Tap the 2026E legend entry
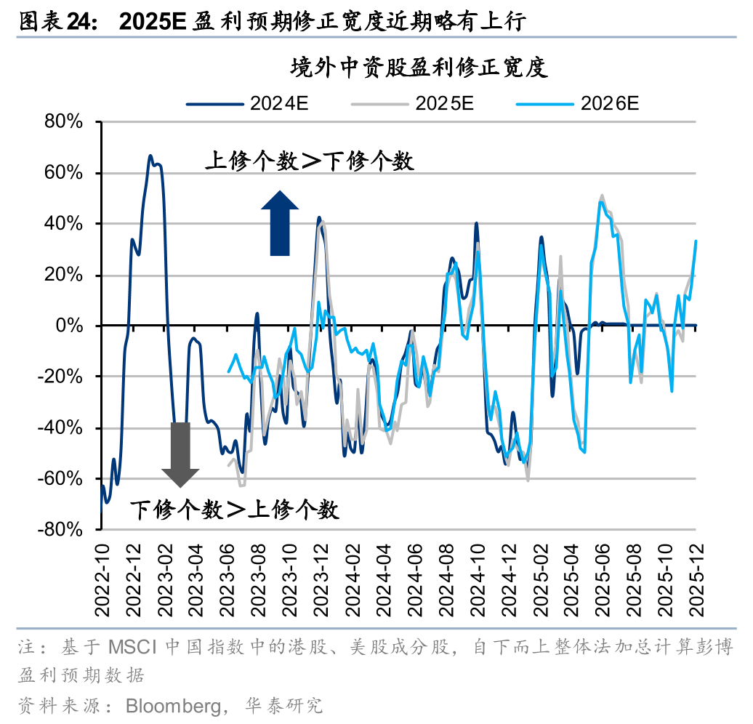[x=578, y=103]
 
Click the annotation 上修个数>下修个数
[x=310, y=161]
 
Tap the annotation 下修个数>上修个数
[x=235, y=510]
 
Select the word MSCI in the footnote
[x=134, y=647]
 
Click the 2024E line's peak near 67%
[x=150, y=156]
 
